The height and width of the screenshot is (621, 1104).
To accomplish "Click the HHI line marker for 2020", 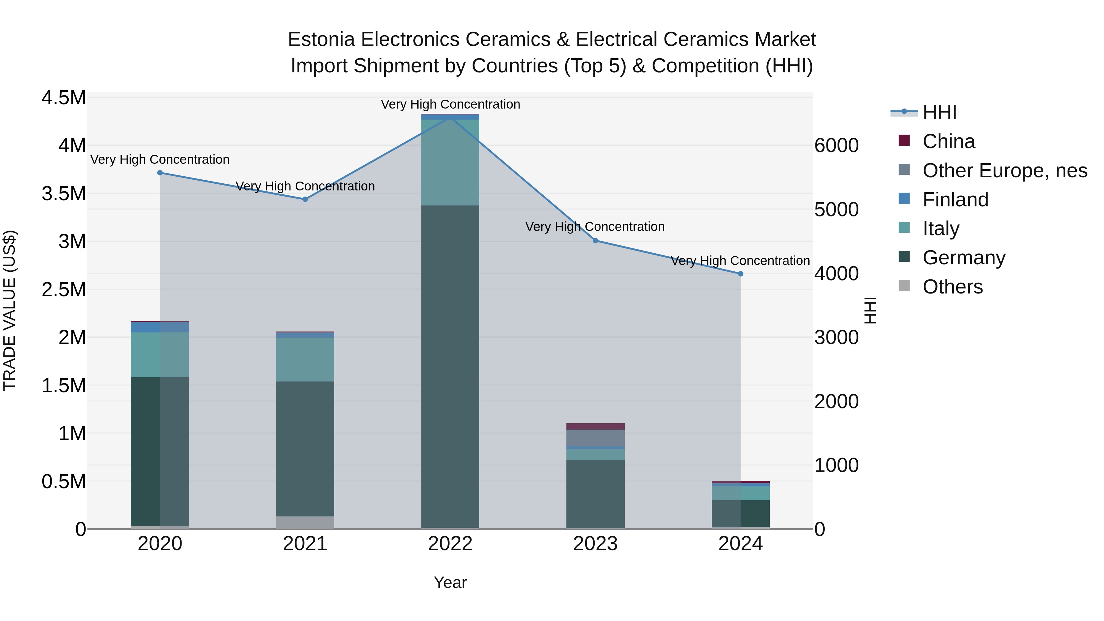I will coord(160,173).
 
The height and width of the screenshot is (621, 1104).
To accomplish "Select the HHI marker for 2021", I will coord(305,199).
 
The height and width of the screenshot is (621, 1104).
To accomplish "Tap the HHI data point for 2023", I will coord(595,241).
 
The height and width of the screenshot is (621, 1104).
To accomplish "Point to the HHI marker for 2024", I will coord(741,274).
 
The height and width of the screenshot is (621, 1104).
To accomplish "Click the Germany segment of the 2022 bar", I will coord(450,364).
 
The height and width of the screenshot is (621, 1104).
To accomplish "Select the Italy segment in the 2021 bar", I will coord(305,359).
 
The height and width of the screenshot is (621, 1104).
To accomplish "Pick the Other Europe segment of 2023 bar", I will coord(595,438).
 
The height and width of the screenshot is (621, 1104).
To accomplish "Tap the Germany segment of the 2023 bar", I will coord(595,493).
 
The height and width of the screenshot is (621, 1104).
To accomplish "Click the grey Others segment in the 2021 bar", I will coord(305,523).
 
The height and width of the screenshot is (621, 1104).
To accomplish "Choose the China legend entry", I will coord(949,141).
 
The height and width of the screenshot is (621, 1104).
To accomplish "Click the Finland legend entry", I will coord(955,200).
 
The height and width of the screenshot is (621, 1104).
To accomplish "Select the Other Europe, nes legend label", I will coord(1005,171).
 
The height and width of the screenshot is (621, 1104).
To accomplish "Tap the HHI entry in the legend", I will coord(939,112).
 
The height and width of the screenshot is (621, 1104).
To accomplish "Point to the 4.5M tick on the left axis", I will coord(63,98).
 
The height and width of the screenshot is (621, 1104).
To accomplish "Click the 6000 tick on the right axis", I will coord(837,146).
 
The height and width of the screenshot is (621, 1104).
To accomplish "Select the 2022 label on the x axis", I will coord(450,544).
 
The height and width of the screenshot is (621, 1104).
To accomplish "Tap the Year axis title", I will coord(450,582).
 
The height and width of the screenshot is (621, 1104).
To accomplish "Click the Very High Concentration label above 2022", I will coord(450,104).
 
